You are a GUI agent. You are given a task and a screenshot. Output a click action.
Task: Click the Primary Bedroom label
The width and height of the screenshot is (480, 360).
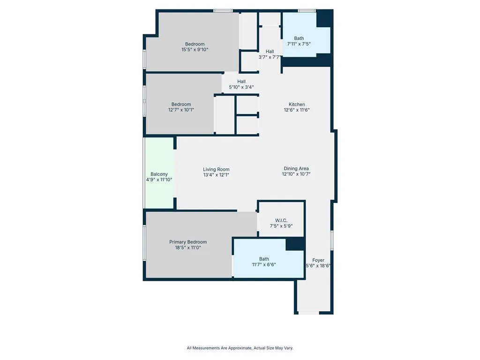[188, 242]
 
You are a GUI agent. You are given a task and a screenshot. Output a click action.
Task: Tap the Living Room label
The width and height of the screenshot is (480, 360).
[216, 169]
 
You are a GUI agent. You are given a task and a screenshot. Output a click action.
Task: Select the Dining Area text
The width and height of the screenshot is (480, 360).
[296, 168]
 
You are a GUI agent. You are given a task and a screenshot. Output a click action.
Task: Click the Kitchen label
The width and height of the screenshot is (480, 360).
[297, 105]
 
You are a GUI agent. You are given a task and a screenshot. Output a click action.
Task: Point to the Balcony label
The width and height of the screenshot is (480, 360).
[159, 174]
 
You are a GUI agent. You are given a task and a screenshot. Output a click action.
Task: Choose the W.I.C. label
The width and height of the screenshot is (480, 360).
[281, 220]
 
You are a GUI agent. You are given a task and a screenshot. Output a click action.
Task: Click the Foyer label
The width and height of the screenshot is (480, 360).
[318, 260]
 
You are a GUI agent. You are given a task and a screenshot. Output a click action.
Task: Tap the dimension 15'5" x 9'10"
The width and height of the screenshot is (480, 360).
[195, 49]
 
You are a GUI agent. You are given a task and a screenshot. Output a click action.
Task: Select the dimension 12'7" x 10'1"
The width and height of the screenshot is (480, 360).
[181, 110]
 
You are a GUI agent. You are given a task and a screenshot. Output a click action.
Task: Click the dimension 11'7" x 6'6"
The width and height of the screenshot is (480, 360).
[264, 264]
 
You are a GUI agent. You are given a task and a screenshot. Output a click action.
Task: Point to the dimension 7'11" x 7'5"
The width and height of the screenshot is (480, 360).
[299, 44]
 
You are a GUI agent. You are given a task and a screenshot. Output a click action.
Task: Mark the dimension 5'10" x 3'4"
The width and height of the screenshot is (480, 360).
[241, 87]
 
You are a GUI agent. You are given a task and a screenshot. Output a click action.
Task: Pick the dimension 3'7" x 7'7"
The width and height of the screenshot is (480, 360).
[270, 57]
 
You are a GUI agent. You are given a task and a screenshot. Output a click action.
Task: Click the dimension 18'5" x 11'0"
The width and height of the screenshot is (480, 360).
[188, 247]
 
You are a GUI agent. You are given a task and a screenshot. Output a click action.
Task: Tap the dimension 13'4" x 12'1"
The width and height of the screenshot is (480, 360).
[216, 175]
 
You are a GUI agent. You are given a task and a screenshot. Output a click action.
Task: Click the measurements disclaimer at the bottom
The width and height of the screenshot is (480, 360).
[240, 348]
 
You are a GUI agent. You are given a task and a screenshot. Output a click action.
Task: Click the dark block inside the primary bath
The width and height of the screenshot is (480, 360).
[295, 244]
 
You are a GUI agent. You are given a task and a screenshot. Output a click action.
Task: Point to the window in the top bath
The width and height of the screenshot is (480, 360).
[307, 10]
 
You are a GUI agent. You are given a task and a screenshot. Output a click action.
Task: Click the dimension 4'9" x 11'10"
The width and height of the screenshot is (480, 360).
[159, 180]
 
